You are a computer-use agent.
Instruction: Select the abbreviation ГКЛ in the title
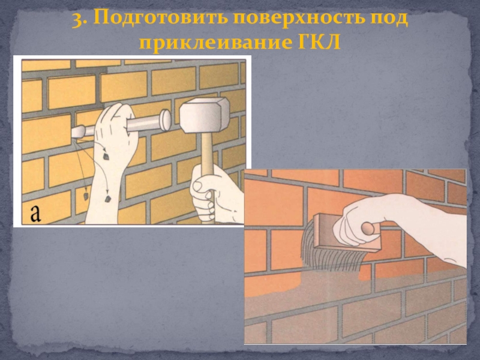pyautogui.click(x=319, y=42)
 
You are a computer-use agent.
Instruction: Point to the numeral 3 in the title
pyautogui.click(x=78, y=19)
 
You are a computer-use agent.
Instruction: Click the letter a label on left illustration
pyautogui.click(x=35, y=214)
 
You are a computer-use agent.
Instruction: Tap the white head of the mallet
pyautogui.click(x=204, y=115)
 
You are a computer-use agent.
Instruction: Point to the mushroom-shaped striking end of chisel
pyautogui.click(x=166, y=120)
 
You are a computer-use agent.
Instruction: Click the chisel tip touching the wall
pyautogui.click(x=78, y=132)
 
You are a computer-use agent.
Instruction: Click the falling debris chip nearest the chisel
pyautogui.click(x=106, y=157)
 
